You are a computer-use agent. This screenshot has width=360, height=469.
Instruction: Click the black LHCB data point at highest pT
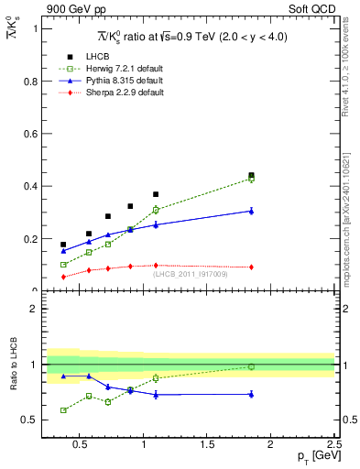251,175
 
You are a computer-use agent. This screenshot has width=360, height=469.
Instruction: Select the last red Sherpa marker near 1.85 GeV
251,267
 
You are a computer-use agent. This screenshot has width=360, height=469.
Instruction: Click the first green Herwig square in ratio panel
63,410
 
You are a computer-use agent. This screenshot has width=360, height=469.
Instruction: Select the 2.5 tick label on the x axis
333,446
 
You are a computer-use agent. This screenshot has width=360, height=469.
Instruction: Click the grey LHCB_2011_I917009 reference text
191,274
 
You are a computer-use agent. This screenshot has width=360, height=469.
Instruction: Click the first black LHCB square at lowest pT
63,245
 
